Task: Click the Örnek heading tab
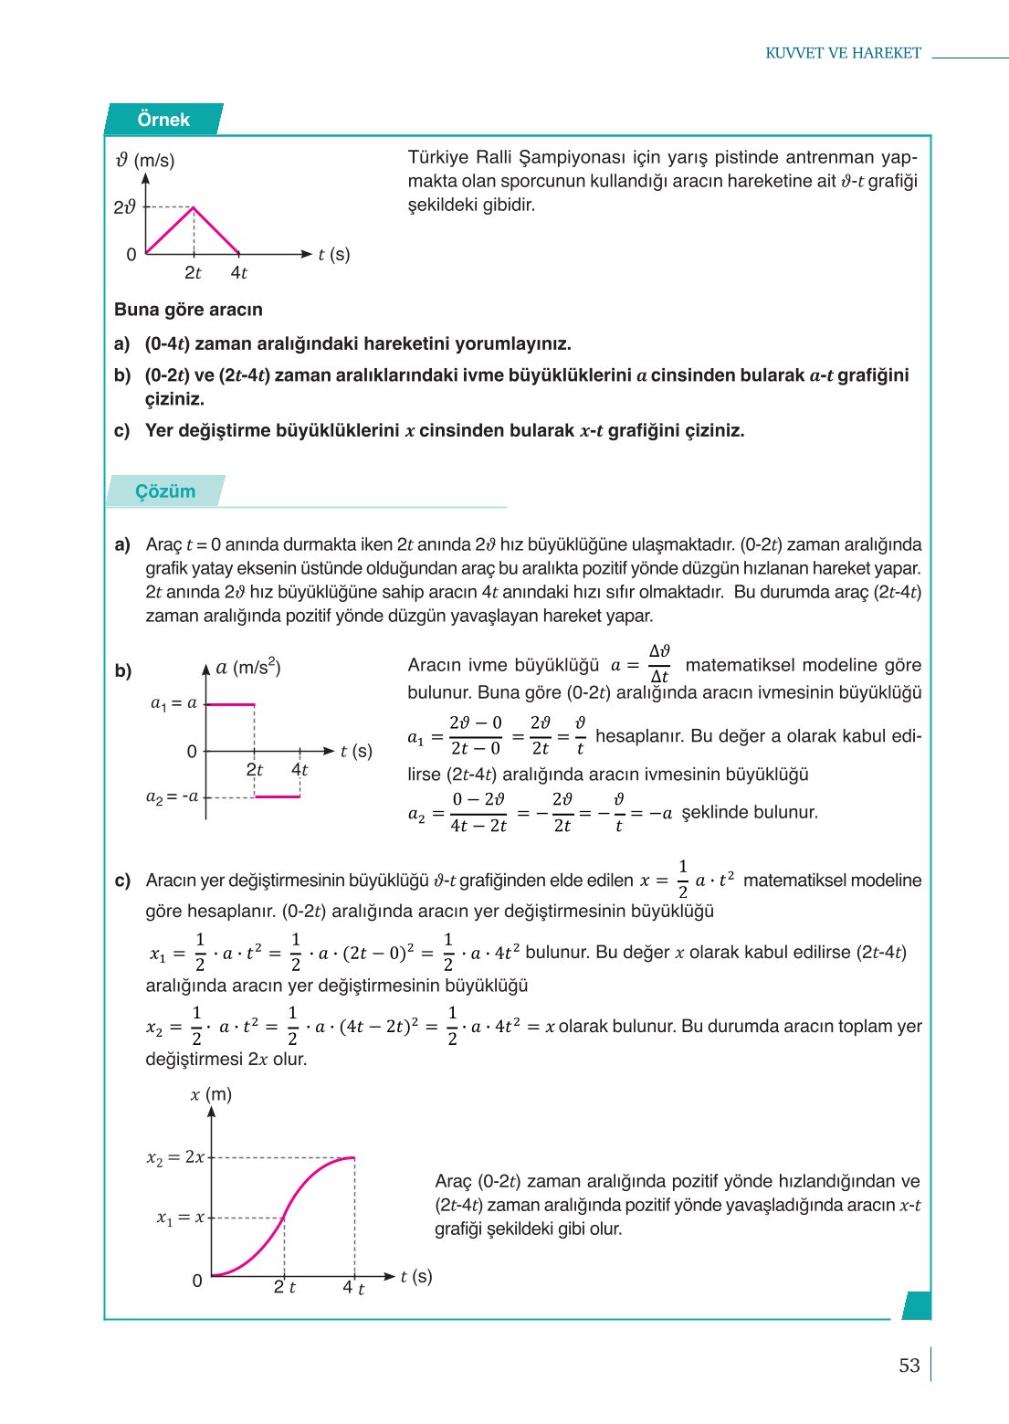pyautogui.click(x=163, y=120)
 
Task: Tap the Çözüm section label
pyautogui.click(x=165, y=491)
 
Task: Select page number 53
pyautogui.click(x=909, y=1366)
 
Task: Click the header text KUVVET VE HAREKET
pyautogui.click(x=843, y=53)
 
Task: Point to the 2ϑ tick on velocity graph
pyautogui.click(x=125, y=207)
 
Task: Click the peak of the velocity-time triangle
pyautogui.click(x=193, y=208)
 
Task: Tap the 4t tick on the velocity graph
pyautogui.click(x=238, y=272)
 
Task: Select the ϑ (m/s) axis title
pyautogui.click(x=145, y=160)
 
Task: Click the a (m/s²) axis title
pyautogui.click(x=247, y=668)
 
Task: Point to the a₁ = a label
pyautogui.click(x=173, y=703)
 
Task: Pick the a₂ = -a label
pyautogui.click(x=172, y=796)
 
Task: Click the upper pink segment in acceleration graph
pyautogui.click(x=230, y=704)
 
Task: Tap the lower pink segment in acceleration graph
pyautogui.click(x=277, y=796)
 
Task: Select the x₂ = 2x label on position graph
pyautogui.click(x=175, y=1157)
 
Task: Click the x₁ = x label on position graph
pyautogui.click(x=180, y=1218)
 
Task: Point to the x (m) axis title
pyautogui.click(x=211, y=1094)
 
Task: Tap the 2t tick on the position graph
pyautogui.click(x=284, y=1287)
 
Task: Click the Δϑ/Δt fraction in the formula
pyautogui.click(x=659, y=664)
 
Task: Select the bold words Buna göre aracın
pyautogui.click(x=188, y=310)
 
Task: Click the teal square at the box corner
pyautogui.click(x=917, y=1305)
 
